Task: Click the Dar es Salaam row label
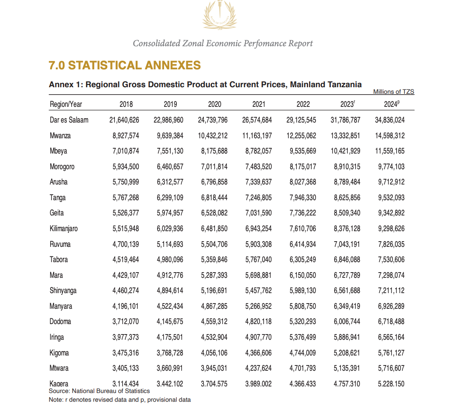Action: [x=69, y=120]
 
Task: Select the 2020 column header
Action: [x=214, y=104]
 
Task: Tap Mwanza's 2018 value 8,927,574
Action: [x=126, y=135]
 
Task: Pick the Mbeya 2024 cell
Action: [x=390, y=151]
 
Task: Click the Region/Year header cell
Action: [x=66, y=104]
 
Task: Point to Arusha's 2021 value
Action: [x=258, y=182]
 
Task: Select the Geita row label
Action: [x=57, y=213]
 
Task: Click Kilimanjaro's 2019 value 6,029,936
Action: [x=170, y=229]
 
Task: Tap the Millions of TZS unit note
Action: [x=394, y=92]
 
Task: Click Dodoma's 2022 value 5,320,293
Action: [x=303, y=321]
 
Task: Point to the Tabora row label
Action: [x=59, y=260]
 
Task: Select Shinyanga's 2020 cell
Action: [x=214, y=290]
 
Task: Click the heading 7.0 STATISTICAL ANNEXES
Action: [x=125, y=65]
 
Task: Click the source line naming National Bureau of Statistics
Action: [x=100, y=391]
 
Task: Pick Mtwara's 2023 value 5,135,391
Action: [x=347, y=368]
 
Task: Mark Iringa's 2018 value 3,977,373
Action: [x=126, y=337]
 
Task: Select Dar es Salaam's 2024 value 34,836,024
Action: [x=390, y=120]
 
